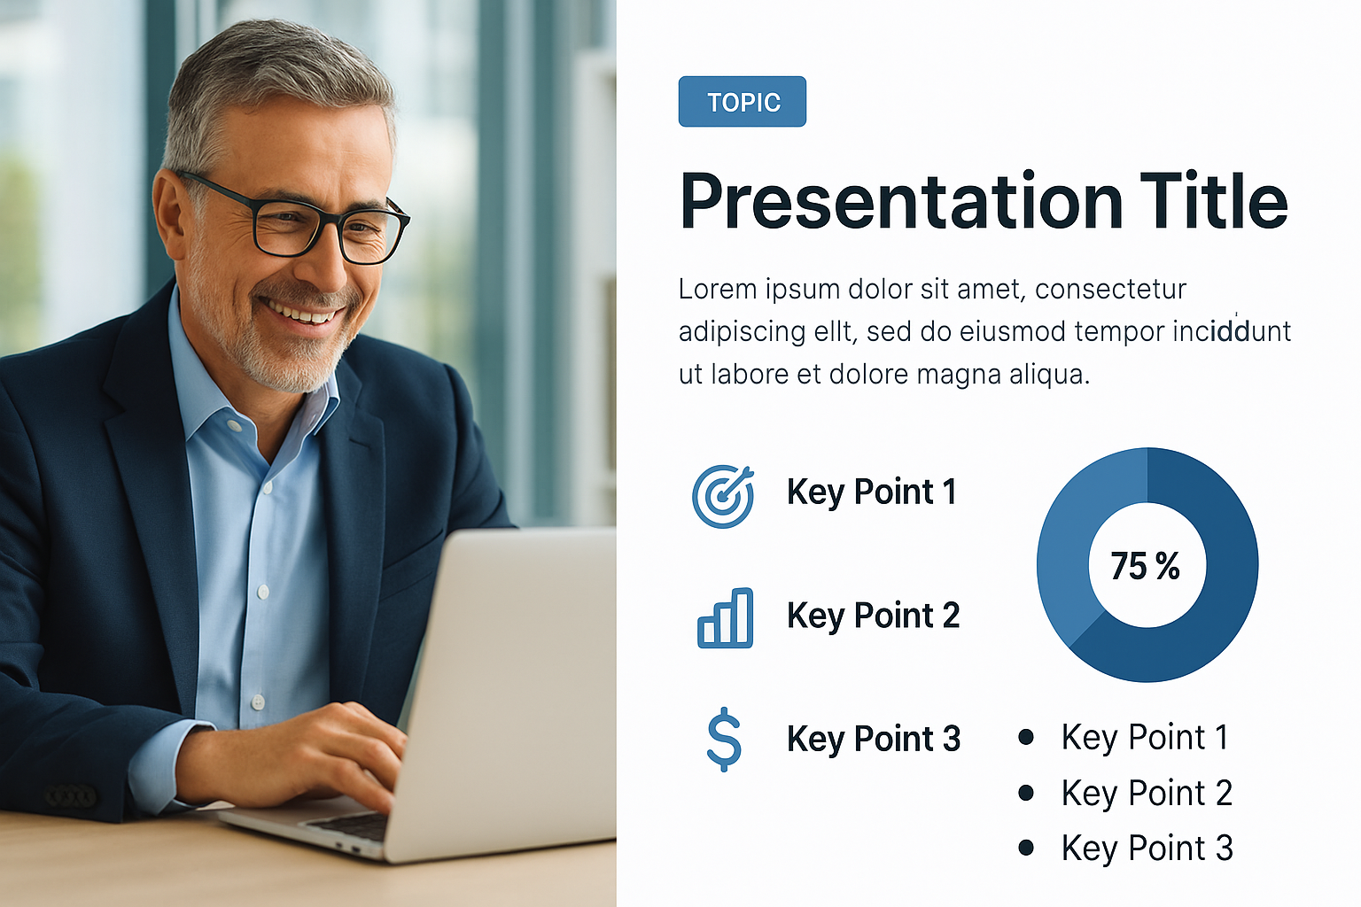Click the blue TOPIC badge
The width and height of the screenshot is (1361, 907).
click(x=742, y=102)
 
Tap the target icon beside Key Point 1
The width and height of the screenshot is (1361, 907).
click(x=723, y=496)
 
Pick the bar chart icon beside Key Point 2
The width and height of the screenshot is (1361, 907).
click(x=725, y=618)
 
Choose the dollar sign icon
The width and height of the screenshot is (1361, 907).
click(x=724, y=740)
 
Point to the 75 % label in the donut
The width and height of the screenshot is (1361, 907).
click(x=1145, y=566)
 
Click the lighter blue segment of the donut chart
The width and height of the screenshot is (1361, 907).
click(x=1069, y=547)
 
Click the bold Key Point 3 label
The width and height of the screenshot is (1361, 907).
click(x=873, y=740)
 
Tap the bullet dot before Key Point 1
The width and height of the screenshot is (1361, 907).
click(x=1025, y=737)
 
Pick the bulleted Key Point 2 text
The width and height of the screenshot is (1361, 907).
click(x=1147, y=793)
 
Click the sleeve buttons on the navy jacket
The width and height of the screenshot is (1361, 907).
click(x=71, y=795)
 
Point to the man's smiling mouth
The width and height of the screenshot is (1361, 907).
click(x=300, y=311)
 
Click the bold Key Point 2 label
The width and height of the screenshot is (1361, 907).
click(x=873, y=616)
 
